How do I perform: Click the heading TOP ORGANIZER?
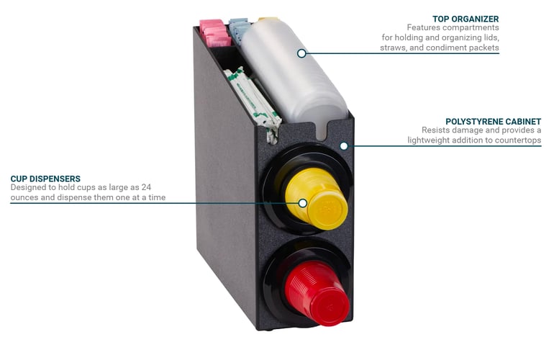pyautogui.click(x=466, y=19)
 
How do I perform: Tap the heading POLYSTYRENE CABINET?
pyautogui.click(x=494, y=122)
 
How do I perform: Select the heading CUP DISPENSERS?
pyautogui.click(x=45, y=179)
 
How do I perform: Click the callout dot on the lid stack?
pyautogui.click(x=301, y=53)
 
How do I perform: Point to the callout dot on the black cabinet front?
pyautogui.click(x=344, y=145)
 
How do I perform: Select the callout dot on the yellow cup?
pyautogui.click(x=302, y=203)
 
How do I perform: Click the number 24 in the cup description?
pyautogui.click(x=146, y=187)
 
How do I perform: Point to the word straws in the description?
pyautogui.click(x=391, y=48)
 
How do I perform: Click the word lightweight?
pyautogui.click(x=427, y=140)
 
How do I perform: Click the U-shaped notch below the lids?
pyautogui.click(x=322, y=131)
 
